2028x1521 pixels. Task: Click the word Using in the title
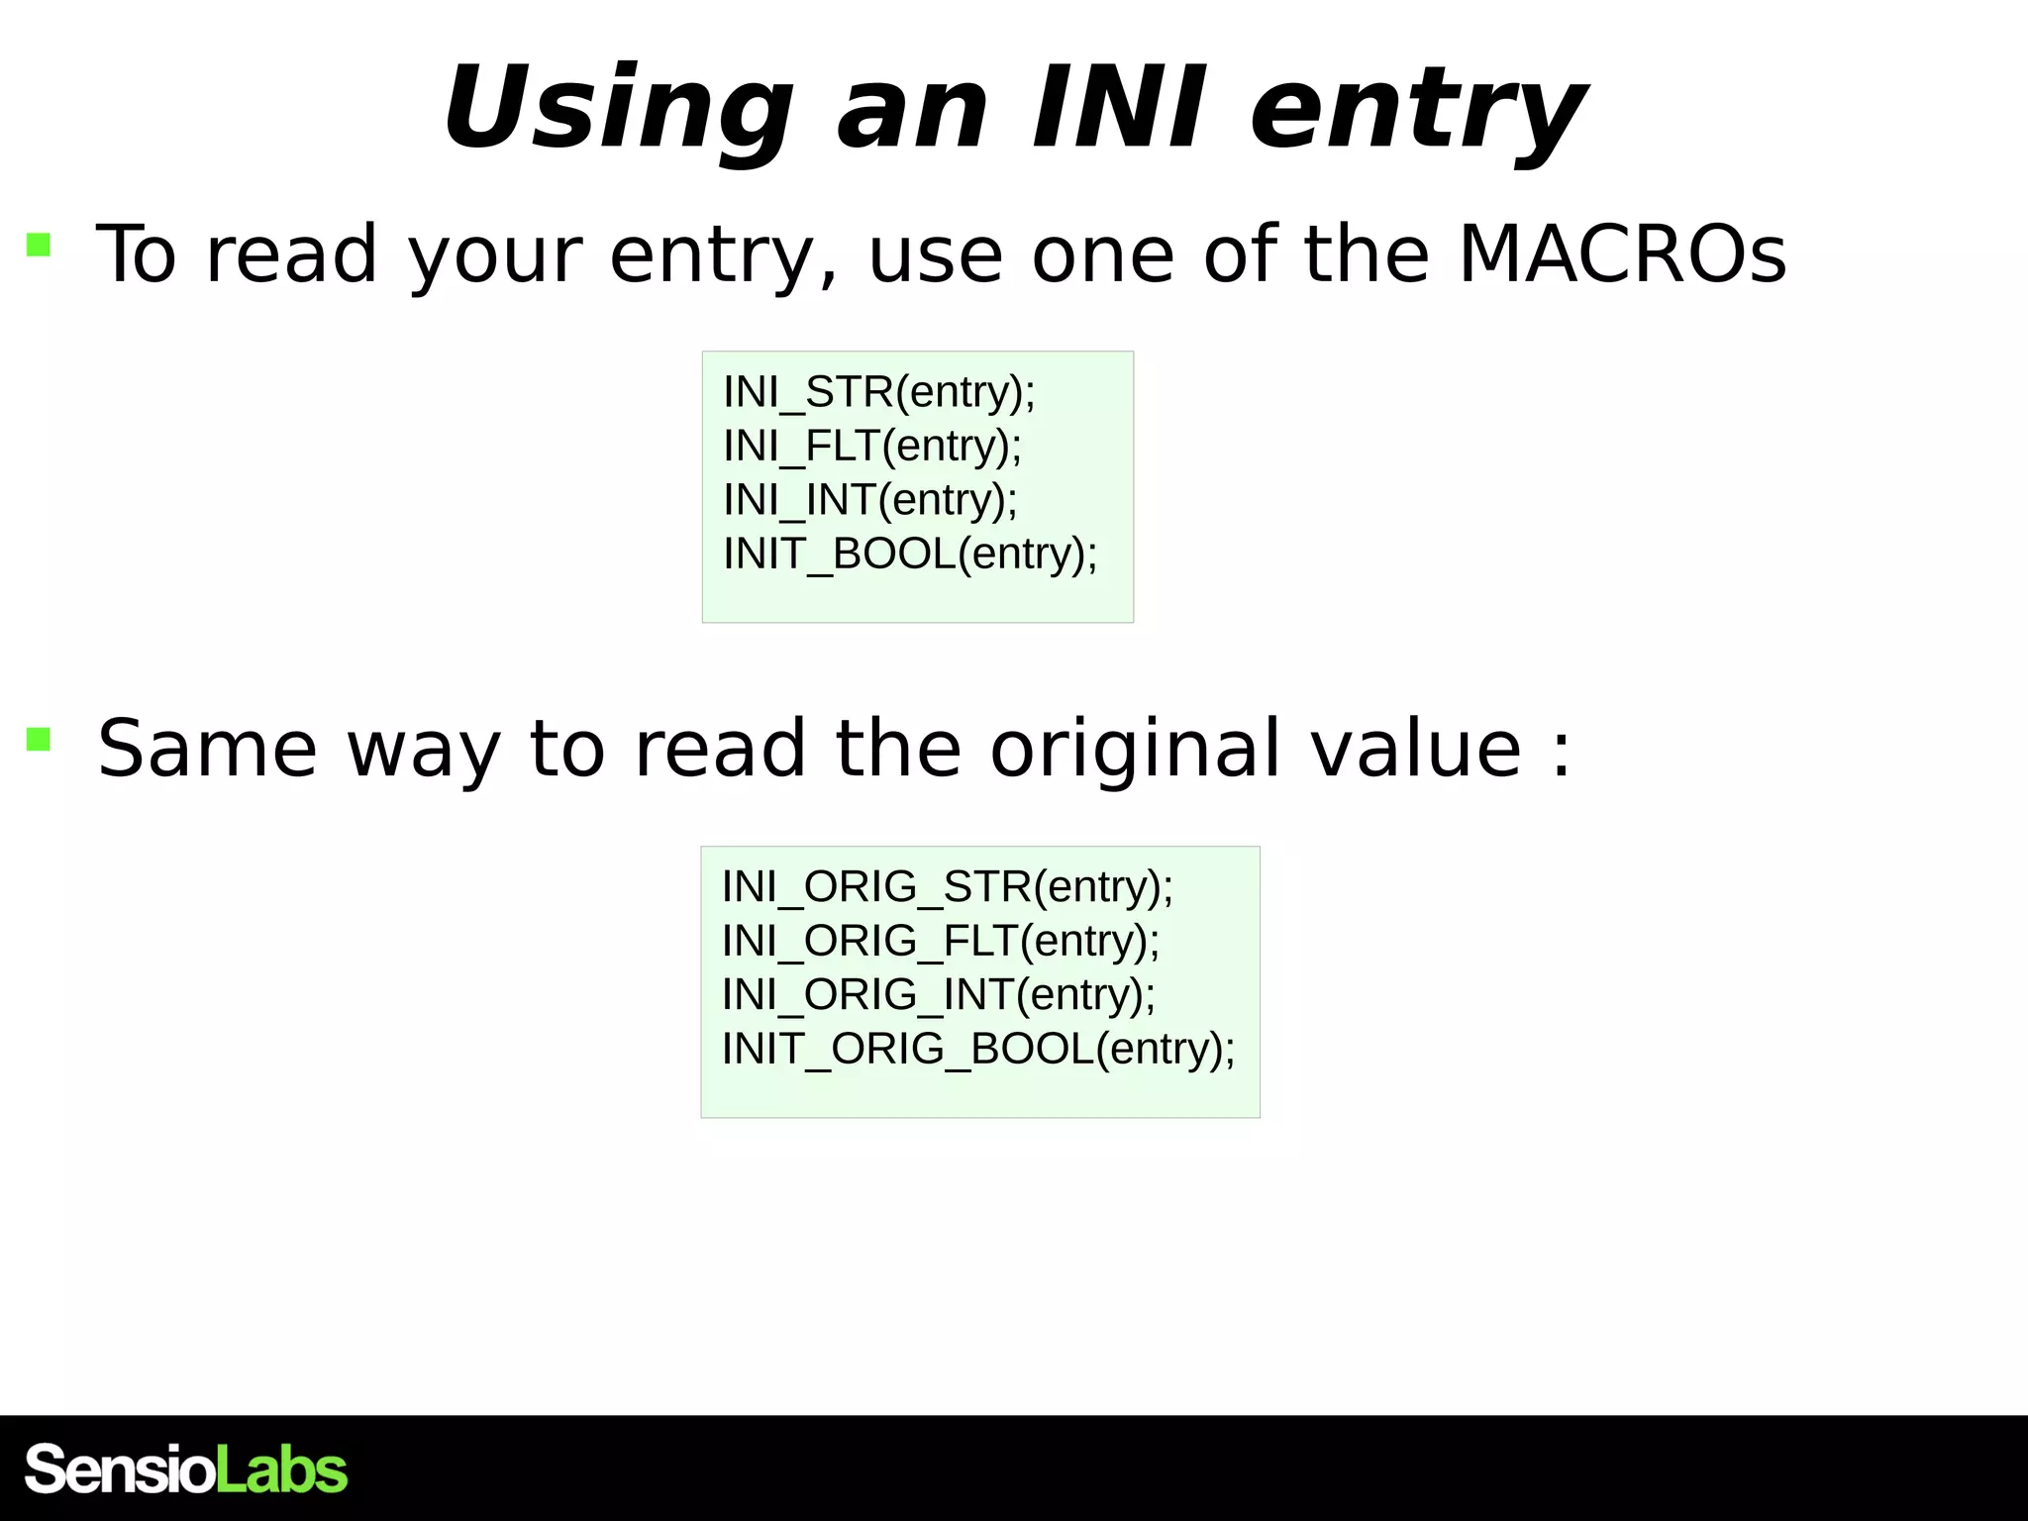pyautogui.click(x=618, y=109)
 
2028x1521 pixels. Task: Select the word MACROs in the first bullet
pyautogui.click(x=1622, y=254)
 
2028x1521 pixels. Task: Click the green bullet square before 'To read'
pyautogui.click(x=39, y=245)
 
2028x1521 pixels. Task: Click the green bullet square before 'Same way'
pyautogui.click(x=39, y=739)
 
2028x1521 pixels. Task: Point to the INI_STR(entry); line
pyautogui.click(x=879, y=392)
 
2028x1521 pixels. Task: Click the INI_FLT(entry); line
pyautogui.click(x=872, y=446)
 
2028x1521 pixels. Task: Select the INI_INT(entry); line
pyautogui.click(x=870, y=500)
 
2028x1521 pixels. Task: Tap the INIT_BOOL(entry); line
pyautogui.click(x=910, y=554)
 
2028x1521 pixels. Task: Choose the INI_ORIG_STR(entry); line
pyautogui.click(x=948, y=886)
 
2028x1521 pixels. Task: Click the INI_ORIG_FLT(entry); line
pyautogui.click(x=941, y=941)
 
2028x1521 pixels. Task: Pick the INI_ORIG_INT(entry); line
pyautogui.click(x=939, y=994)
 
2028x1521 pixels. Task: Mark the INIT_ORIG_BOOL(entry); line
pyautogui.click(x=978, y=1049)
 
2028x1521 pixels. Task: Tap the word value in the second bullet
pyautogui.click(x=1416, y=749)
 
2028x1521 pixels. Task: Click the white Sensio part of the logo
pyautogui.click(x=120, y=1470)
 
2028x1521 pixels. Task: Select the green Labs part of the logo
pyautogui.click(x=281, y=1470)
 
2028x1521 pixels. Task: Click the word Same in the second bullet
pyautogui.click(x=207, y=749)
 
